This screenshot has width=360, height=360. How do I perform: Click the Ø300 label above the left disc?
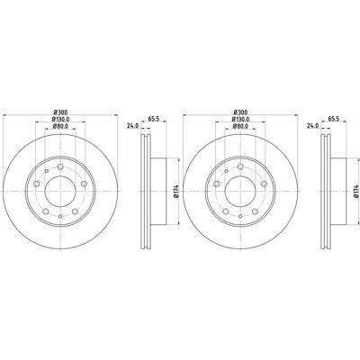click(60, 112)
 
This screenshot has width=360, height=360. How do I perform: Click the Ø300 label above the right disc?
click(240, 112)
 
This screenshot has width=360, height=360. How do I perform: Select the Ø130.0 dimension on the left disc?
click(60, 120)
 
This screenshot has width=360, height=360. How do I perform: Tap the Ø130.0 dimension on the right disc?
click(240, 120)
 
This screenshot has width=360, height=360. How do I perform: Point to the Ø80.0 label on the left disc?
click(60, 126)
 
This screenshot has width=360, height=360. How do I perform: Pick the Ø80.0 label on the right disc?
click(240, 126)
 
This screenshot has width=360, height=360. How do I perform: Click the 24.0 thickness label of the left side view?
click(132, 126)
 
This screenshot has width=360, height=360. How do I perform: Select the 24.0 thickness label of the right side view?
click(312, 126)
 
